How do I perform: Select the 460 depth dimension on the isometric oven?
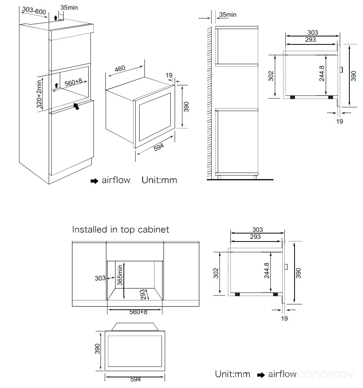(x=120, y=69)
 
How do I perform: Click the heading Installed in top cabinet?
(x=120, y=229)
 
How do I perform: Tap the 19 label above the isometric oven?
(x=169, y=76)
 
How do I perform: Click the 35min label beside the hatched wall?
(x=227, y=15)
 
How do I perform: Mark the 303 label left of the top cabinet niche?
(x=100, y=278)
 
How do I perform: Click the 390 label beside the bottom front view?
(x=97, y=349)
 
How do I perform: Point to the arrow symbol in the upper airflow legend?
(x=94, y=181)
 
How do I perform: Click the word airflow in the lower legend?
(x=282, y=374)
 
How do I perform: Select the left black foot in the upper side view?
(x=292, y=97)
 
